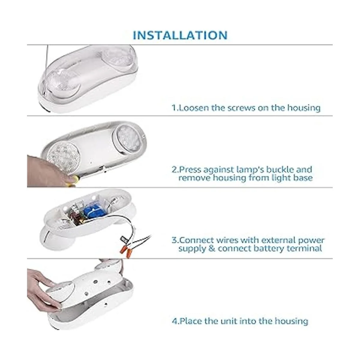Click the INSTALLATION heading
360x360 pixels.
(x=180, y=35)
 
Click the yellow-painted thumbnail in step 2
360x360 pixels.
(x=72, y=180)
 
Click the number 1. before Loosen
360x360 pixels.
(x=175, y=108)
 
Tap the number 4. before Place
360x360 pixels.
(x=175, y=321)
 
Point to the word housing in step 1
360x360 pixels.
(x=304, y=108)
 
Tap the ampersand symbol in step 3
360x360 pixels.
(x=212, y=248)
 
